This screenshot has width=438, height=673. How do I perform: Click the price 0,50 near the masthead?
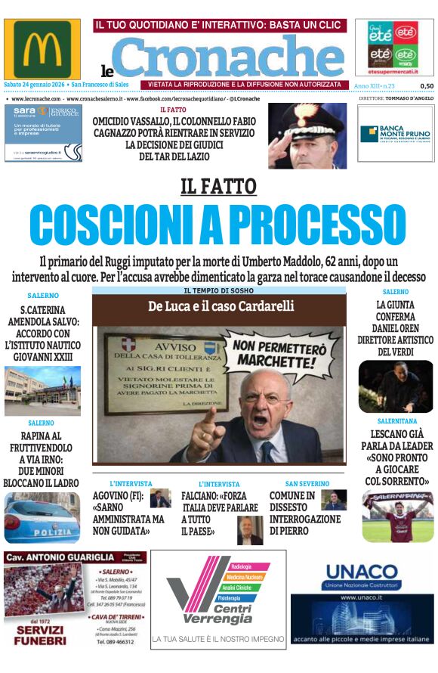click(x=427, y=86)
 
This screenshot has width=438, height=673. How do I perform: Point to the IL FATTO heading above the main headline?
click(x=218, y=186)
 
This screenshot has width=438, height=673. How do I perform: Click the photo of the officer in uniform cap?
click(x=307, y=137)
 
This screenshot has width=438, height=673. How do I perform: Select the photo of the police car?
click(x=42, y=519)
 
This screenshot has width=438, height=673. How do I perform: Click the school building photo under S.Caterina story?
click(x=42, y=391)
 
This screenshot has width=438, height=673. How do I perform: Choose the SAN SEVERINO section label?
click(x=307, y=483)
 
